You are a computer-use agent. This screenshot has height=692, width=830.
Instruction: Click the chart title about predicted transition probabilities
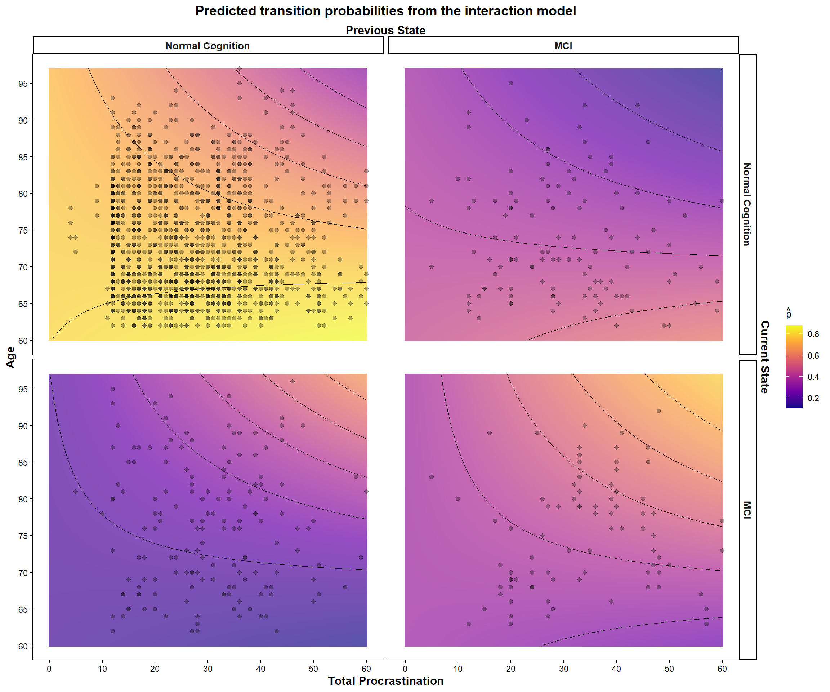[x=385, y=11]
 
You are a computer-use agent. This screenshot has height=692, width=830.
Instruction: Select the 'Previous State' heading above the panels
[x=385, y=30]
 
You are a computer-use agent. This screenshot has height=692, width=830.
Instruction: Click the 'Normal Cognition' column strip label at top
[x=207, y=46]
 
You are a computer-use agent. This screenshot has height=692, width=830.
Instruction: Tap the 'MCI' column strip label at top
[x=563, y=46]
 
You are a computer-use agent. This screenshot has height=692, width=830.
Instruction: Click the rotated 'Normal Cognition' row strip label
[x=747, y=204]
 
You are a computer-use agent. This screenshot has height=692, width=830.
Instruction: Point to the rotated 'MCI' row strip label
[x=747, y=510]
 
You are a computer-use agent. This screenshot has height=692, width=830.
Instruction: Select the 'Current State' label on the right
[x=765, y=357]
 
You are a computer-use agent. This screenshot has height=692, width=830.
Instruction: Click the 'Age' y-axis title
[x=11, y=357]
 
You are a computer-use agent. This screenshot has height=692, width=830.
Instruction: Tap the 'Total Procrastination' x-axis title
[x=385, y=681]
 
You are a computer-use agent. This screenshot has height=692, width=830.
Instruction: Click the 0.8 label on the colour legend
[x=813, y=334]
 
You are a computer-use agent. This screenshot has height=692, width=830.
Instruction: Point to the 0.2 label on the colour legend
[x=813, y=398]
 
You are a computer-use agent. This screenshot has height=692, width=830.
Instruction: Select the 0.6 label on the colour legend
[x=813, y=355]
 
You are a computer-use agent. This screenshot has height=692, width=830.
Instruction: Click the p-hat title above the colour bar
[x=789, y=314]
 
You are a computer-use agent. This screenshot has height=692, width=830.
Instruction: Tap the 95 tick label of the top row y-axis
[x=23, y=84]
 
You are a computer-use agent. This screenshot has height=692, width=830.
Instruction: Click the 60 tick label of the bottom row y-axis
[x=23, y=647]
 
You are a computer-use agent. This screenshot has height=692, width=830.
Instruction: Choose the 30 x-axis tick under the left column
[x=207, y=669]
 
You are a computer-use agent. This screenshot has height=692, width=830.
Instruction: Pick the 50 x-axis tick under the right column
[x=669, y=669]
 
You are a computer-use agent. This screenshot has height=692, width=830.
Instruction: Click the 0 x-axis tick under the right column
[x=405, y=669]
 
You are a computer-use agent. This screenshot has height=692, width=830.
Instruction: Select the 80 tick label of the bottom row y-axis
[x=23, y=500]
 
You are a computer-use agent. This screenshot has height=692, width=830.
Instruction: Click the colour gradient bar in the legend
[x=794, y=367]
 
